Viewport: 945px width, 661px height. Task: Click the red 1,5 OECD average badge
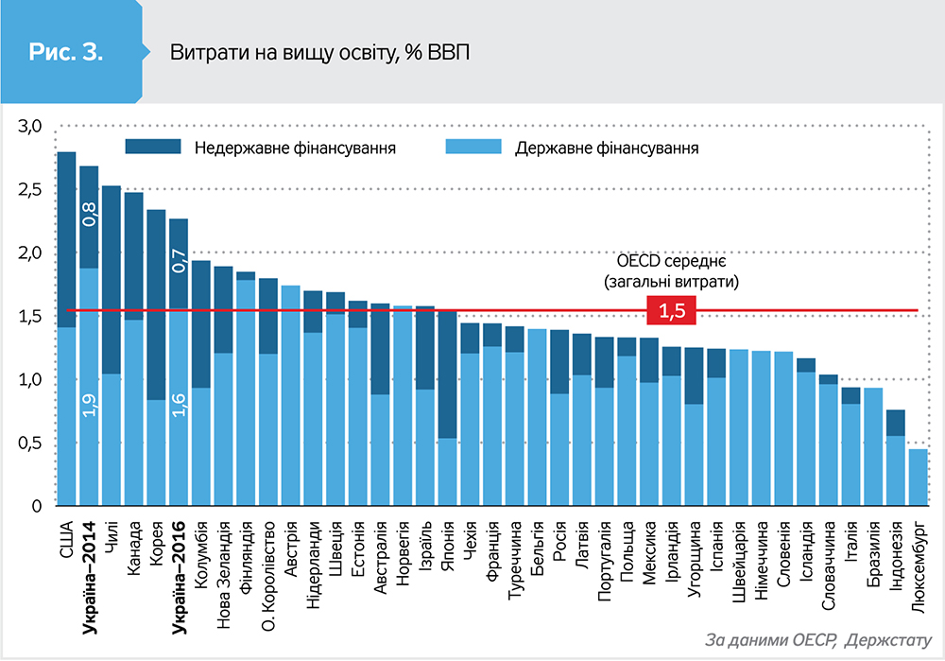[671, 311]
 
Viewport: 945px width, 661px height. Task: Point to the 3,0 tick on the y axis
[31, 126]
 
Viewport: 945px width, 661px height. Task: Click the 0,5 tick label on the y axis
[31, 443]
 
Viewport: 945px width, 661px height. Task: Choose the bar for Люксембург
[918, 478]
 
